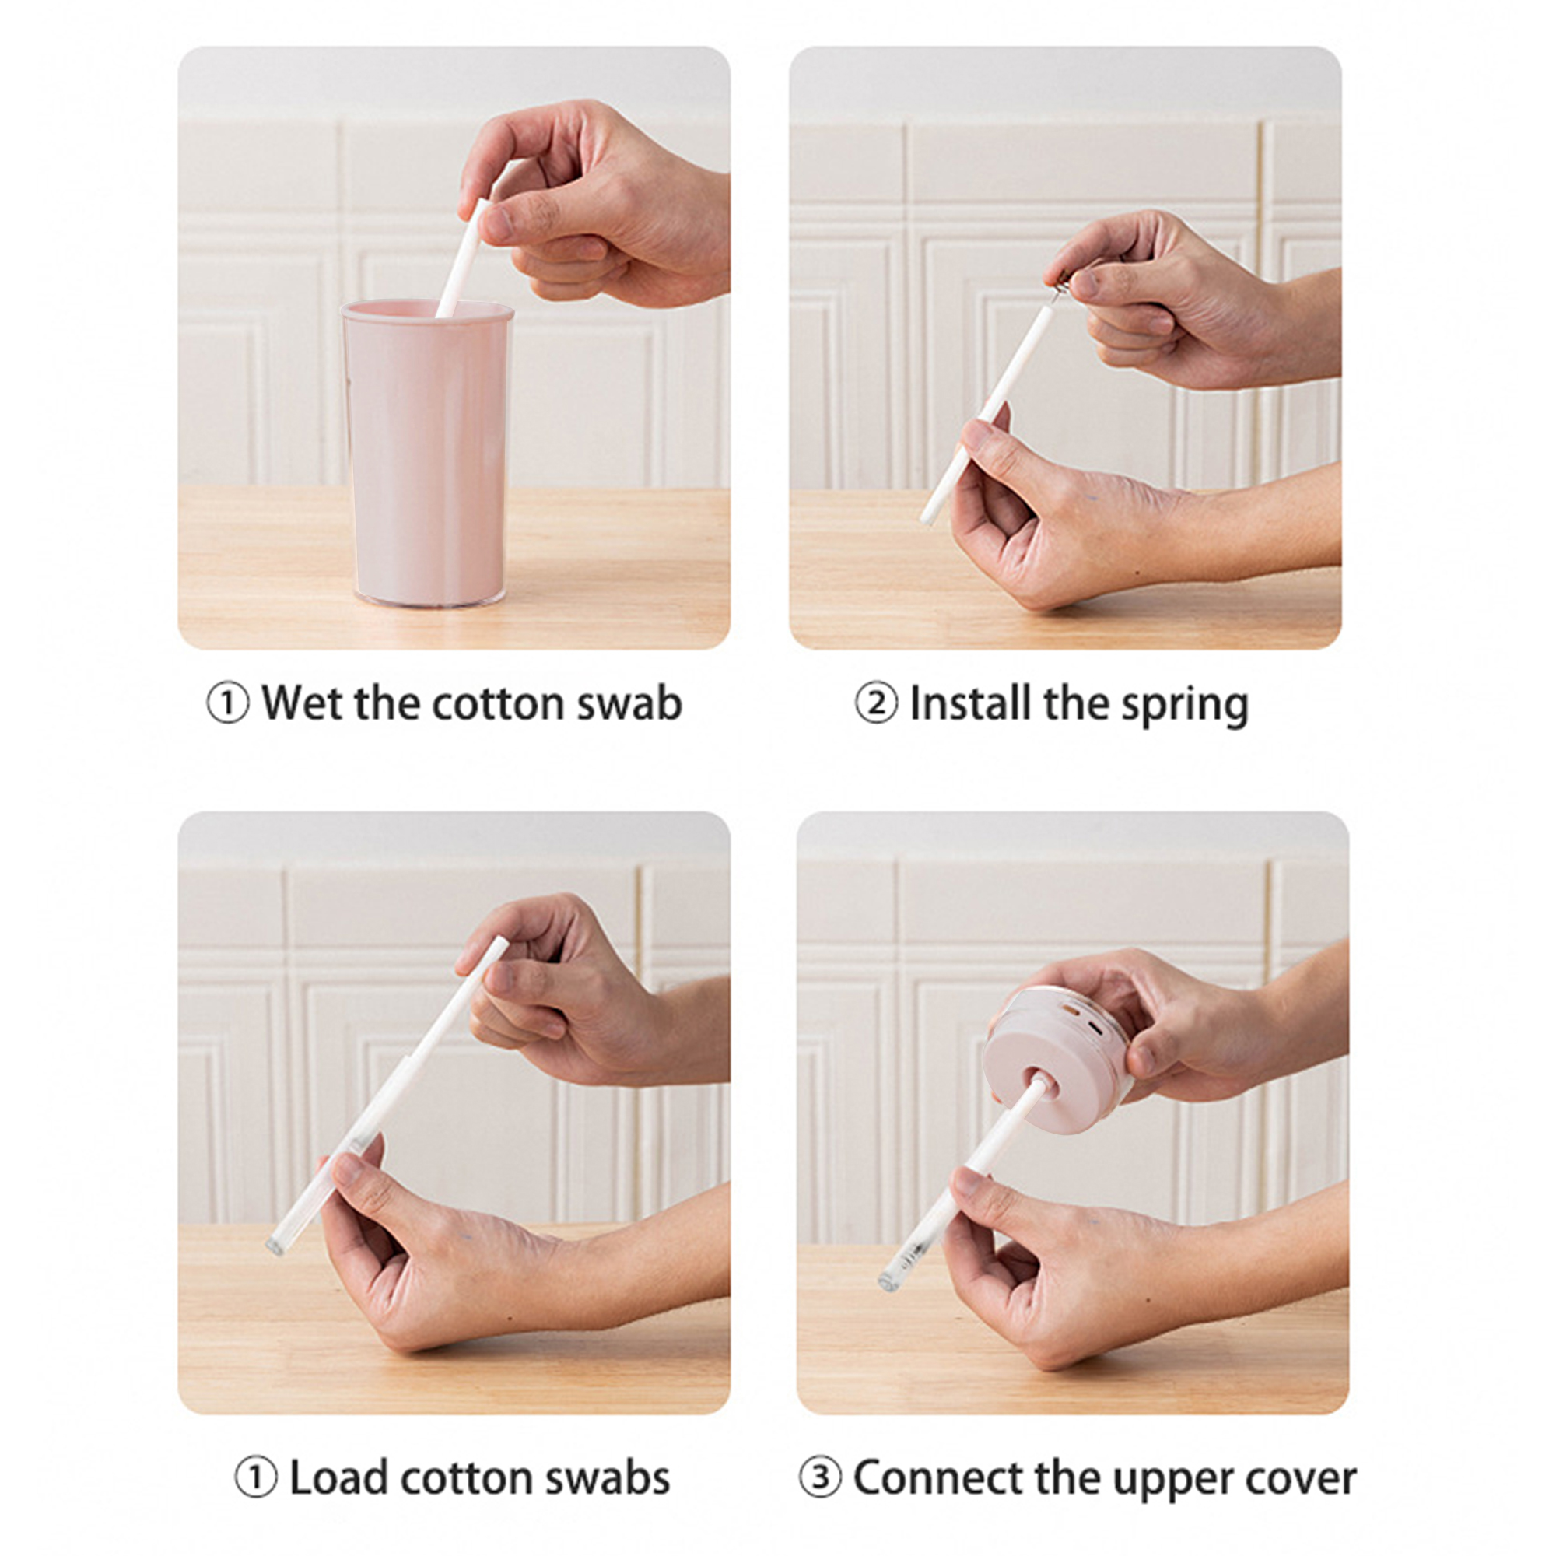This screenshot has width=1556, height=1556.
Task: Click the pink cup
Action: click(428, 454)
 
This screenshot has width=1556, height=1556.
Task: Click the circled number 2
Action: click(876, 704)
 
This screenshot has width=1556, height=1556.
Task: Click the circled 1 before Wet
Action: click(228, 704)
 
